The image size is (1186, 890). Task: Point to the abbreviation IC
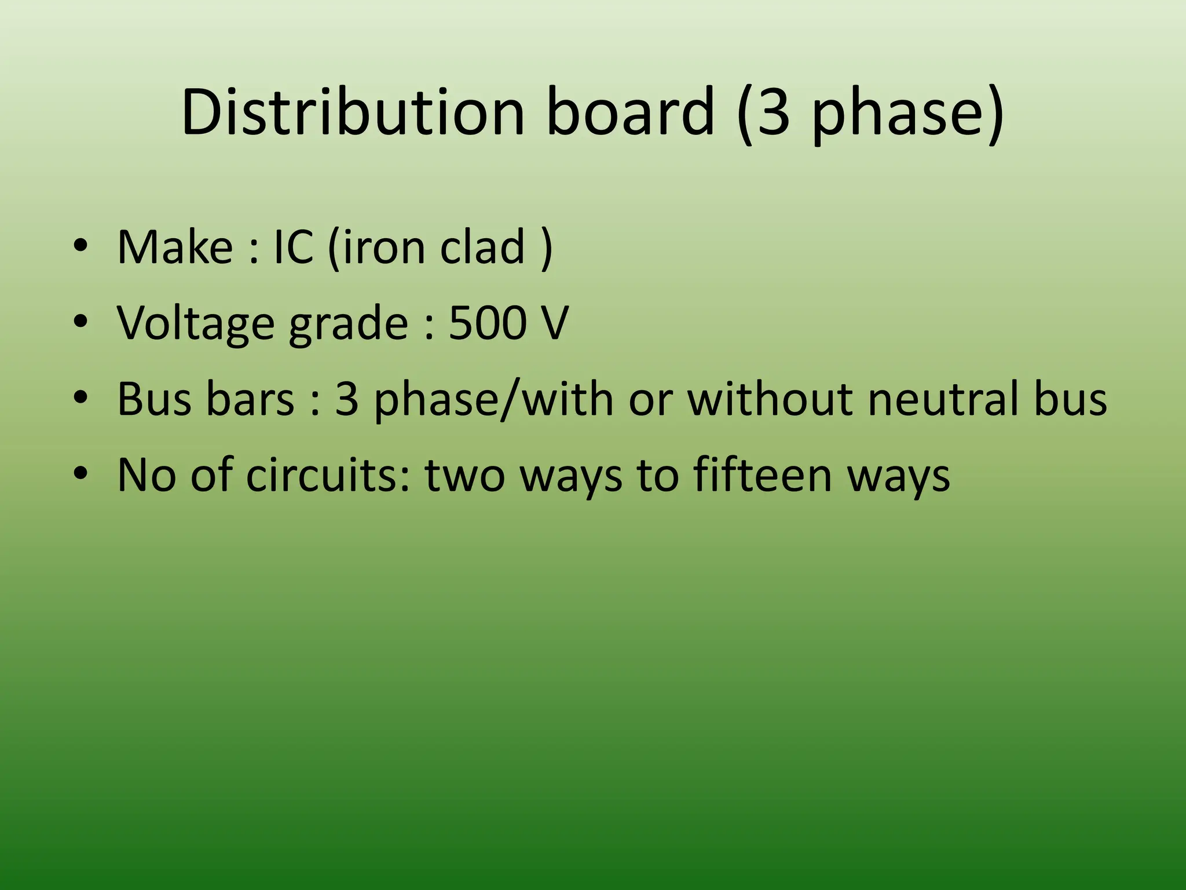294,247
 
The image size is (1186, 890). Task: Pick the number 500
487,323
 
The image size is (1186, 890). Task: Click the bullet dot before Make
80,247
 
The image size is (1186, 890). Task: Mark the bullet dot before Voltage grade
80,323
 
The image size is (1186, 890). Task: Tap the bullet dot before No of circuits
80,475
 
